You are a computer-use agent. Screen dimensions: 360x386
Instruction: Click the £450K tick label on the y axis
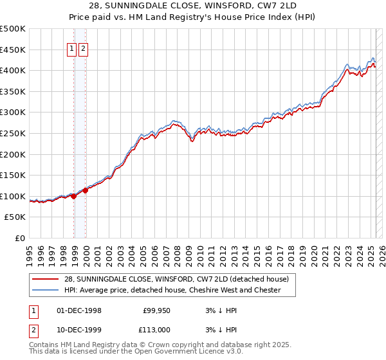[x=13, y=50]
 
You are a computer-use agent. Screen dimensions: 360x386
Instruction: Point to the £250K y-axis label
[x=13, y=133]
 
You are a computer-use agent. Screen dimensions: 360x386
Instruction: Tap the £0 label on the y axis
[x=20, y=238]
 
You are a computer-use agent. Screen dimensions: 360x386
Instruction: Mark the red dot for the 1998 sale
[x=73, y=196]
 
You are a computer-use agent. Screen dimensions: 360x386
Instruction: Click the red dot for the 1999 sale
[x=85, y=191]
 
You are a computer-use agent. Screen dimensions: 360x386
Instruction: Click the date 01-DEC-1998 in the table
[x=79, y=311]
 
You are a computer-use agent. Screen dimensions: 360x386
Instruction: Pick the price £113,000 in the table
[x=154, y=329]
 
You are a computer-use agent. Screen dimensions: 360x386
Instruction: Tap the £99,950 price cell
[x=155, y=311]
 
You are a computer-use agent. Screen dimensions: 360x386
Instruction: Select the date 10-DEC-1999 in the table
[x=79, y=329]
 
